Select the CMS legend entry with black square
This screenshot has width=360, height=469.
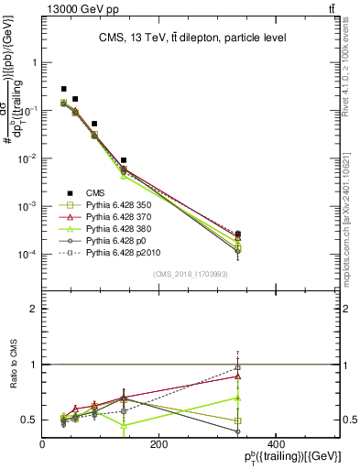click(97, 192)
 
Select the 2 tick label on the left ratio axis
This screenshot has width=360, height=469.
click(34, 309)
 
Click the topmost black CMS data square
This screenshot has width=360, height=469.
click(63, 89)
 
